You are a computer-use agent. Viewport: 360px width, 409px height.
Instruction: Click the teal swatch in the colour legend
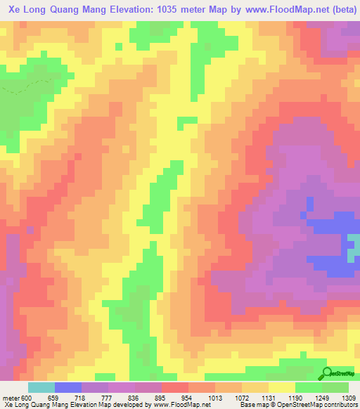(41, 387)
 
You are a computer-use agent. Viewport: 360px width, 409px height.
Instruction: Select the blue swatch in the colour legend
(67, 387)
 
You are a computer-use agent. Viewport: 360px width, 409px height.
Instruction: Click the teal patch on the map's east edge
(354, 245)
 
